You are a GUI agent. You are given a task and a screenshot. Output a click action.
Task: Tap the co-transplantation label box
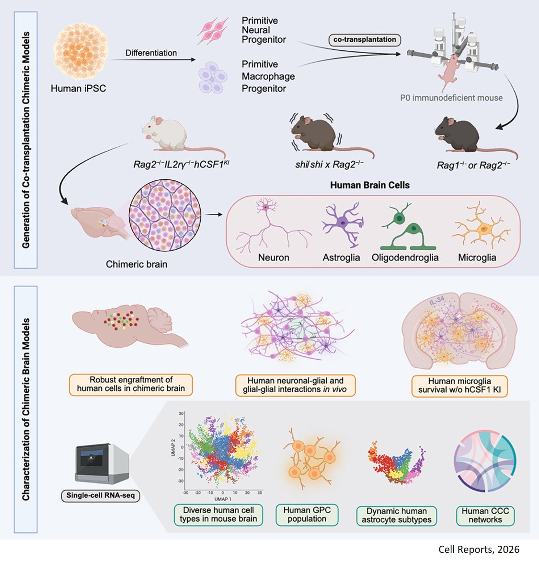coord(365,40)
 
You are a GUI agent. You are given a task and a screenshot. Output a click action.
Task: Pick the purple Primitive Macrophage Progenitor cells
coord(212,76)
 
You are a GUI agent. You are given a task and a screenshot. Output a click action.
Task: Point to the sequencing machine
coord(102,463)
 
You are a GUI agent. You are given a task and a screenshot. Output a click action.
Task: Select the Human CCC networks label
coord(485,516)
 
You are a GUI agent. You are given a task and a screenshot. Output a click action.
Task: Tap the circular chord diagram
coord(485,462)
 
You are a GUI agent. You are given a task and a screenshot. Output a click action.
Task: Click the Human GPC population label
coord(307,515)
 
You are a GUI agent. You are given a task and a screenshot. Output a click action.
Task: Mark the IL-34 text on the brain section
coord(436,302)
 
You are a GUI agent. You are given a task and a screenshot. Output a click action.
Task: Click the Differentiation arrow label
coord(151,53)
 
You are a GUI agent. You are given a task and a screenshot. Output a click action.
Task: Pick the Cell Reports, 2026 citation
coord(479,550)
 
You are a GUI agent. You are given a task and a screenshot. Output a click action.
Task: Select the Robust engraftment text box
coord(131,385)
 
